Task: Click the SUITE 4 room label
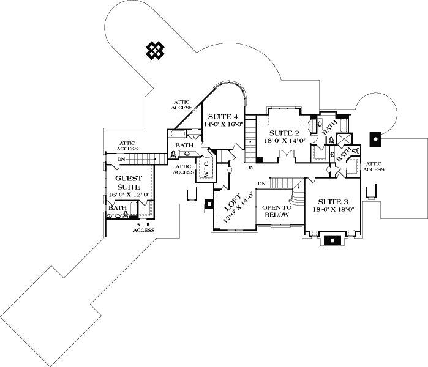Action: click(x=223, y=116)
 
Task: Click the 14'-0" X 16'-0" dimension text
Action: click(x=223, y=124)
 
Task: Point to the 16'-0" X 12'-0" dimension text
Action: click(x=129, y=195)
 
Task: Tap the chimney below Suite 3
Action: click(x=334, y=240)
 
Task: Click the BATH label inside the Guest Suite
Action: click(x=118, y=208)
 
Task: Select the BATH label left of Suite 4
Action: click(x=184, y=145)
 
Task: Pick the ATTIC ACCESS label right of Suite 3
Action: click(x=374, y=166)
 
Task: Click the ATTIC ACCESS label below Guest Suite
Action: click(x=143, y=227)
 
